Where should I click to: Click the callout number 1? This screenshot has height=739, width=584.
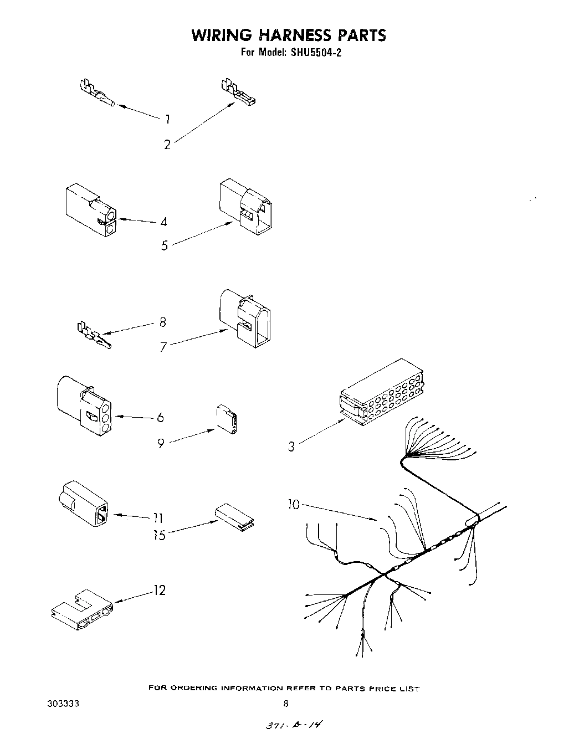[x=167, y=119]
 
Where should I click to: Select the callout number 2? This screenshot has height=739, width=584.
[x=167, y=145]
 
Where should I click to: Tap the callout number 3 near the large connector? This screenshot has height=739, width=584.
[x=291, y=447]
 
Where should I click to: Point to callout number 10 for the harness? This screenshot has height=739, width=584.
[x=294, y=504]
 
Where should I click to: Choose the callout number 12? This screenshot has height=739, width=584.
[x=159, y=591]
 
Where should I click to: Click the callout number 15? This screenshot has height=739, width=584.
[x=160, y=535]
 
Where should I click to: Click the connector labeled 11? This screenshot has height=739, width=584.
[x=84, y=502]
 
